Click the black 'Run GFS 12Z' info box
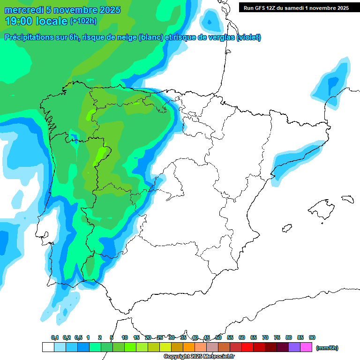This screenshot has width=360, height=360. coord(296,7)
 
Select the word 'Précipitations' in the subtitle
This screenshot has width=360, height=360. coord(28,37)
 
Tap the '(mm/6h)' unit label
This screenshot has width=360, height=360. coord(327,348)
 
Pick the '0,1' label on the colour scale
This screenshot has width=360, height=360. coord(55,337)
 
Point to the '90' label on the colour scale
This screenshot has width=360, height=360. coord(312,337)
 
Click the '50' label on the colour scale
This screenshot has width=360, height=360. coord(218,337)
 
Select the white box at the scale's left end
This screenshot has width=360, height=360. coord(48,347)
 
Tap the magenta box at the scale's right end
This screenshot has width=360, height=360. coord(306,347)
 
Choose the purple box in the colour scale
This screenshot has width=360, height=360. coord(294,347)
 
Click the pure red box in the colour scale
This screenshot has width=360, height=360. coord(247,347)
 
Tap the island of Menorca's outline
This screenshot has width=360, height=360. coord(347,199)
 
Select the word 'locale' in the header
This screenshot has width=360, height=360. coord(52,21)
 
